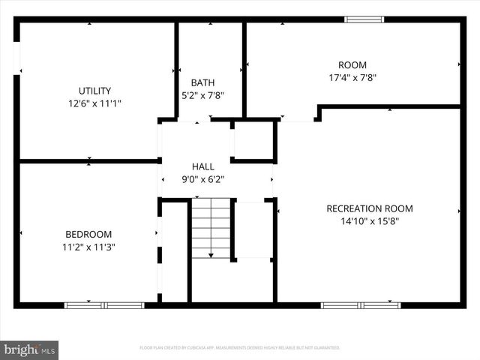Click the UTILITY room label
coord(95,90)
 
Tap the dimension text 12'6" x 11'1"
coord(95,103)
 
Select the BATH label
coord(202,82)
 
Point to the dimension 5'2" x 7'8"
coord(202,95)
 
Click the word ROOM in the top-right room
coord(352,64)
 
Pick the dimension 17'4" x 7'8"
coord(352,77)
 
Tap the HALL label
coord(202,166)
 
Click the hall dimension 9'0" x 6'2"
coord(202,179)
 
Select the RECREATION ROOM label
coord(369,208)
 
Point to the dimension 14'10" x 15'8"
coord(369,221)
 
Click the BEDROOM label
coord(88,234)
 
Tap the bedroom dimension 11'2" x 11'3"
coord(88,247)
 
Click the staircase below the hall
coord(211,227)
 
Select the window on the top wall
coord(364,19)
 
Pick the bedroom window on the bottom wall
coord(103,305)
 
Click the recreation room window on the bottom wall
coord(361,305)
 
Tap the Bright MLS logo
coord(30,349)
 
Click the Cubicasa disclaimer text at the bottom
coord(240,348)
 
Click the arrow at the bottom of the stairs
coord(211,256)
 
